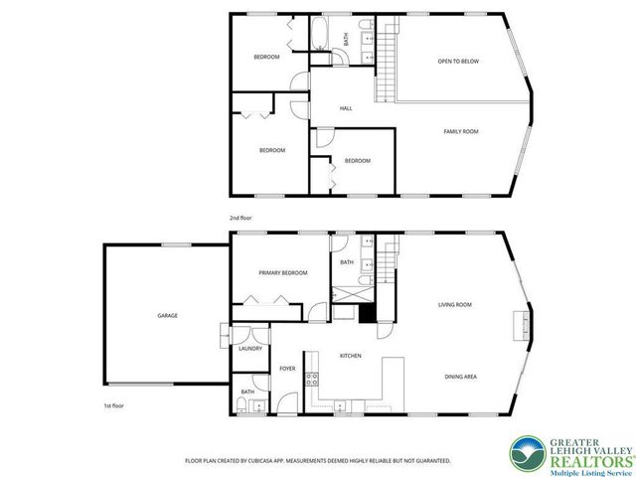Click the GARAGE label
[x=167, y=316]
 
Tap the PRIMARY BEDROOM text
[x=282, y=273]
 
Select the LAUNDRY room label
[x=249, y=348]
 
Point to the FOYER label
[x=287, y=369]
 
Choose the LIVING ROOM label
[x=455, y=305]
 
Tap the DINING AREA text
[x=461, y=377]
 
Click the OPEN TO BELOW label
[x=458, y=62]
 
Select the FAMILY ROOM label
[x=461, y=131]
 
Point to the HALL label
[x=346, y=108]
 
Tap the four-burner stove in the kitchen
[x=311, y=378]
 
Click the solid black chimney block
[x=367, y=312]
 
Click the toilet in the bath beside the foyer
[x=244, y=405]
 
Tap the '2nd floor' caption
[x=240, y=216]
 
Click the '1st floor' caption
[x=113, y=406]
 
